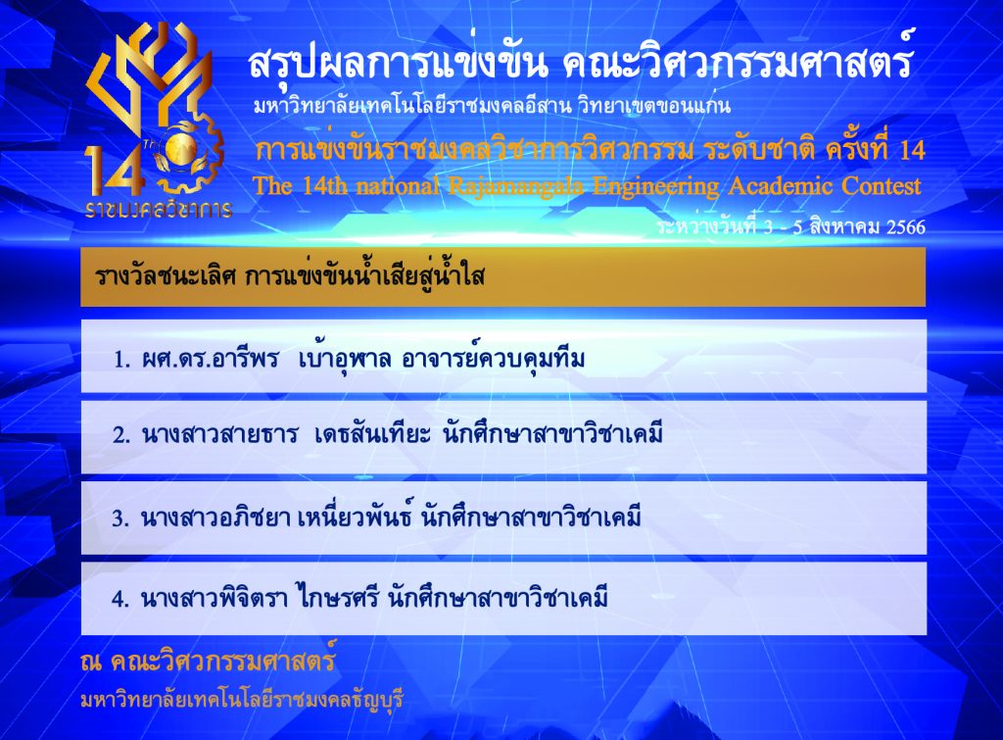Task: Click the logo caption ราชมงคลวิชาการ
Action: point(159,209)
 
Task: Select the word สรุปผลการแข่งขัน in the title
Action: point(398,62)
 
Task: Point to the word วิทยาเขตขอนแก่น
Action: point(653,104)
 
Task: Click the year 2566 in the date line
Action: point(906,227)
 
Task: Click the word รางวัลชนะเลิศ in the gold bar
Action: point(166,275)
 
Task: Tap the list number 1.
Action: point(121,360)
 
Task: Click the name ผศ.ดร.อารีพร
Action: point(211,359)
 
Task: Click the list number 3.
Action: point(120,518)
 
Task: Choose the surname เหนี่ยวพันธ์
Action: point(355,516)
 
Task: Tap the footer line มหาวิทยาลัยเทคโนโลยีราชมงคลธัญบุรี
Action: point(242,699)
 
